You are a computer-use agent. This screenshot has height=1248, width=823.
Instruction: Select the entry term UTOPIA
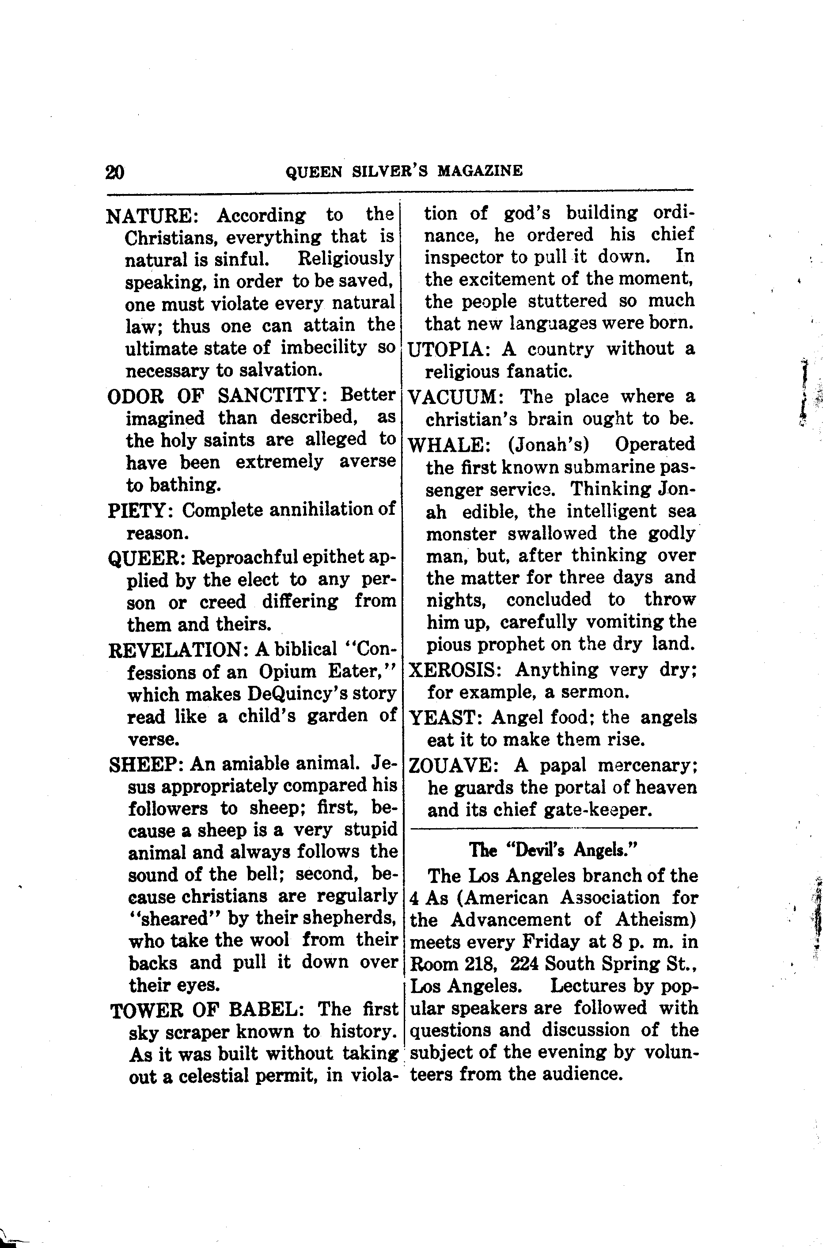point(449,349)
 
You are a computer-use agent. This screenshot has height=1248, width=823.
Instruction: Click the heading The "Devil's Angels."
point(553,850)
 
